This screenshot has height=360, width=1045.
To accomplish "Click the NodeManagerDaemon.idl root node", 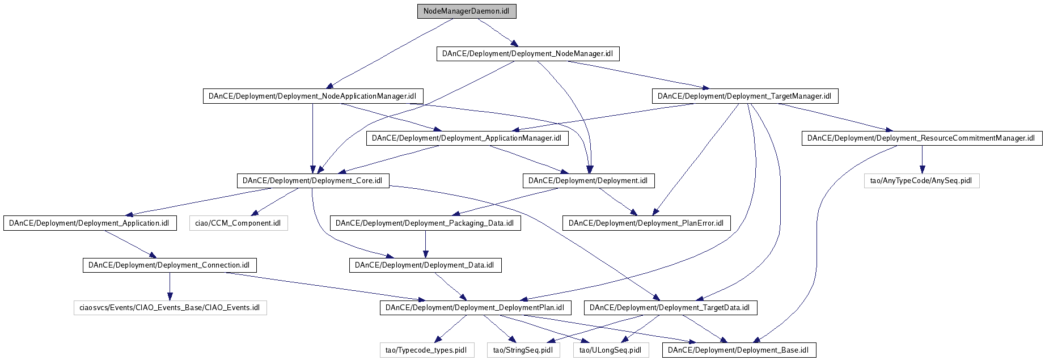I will tap(467, 11).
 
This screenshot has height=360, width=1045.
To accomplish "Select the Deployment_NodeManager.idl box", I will tap(527, 54).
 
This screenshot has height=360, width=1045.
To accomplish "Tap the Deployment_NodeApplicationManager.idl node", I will tap(312, 96).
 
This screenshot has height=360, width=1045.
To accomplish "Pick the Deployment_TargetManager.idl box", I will tap(744, 96).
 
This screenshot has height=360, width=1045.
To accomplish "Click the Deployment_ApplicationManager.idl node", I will tap(467, 138).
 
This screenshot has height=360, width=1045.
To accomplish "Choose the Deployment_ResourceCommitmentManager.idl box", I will tap(921, 138).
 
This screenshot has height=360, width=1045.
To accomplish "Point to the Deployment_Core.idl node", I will tap(312, 181).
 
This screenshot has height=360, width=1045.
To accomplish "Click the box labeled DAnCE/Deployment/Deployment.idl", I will tap(588, 181).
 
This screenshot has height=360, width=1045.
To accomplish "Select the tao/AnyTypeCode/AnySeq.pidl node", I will tap(921, 181).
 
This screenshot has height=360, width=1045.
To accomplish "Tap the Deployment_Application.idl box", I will tap(90, 223).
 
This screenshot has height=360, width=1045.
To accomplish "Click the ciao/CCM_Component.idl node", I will tap(238, 223).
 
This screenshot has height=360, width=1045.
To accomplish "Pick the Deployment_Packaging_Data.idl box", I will tap(425, 223).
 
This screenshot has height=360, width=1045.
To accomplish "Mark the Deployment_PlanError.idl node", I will tap(646, 223).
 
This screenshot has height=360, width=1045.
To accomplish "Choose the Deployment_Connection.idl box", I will tap(170, 265).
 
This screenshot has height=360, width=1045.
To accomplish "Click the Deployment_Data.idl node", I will tap(425, 265).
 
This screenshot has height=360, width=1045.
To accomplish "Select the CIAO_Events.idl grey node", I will tap(170, 308).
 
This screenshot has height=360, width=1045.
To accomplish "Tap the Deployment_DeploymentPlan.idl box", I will tap(475, 308).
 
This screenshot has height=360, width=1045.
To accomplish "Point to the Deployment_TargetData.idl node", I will tap(670, 308).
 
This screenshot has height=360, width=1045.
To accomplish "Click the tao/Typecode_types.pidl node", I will tap(426, 350).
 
